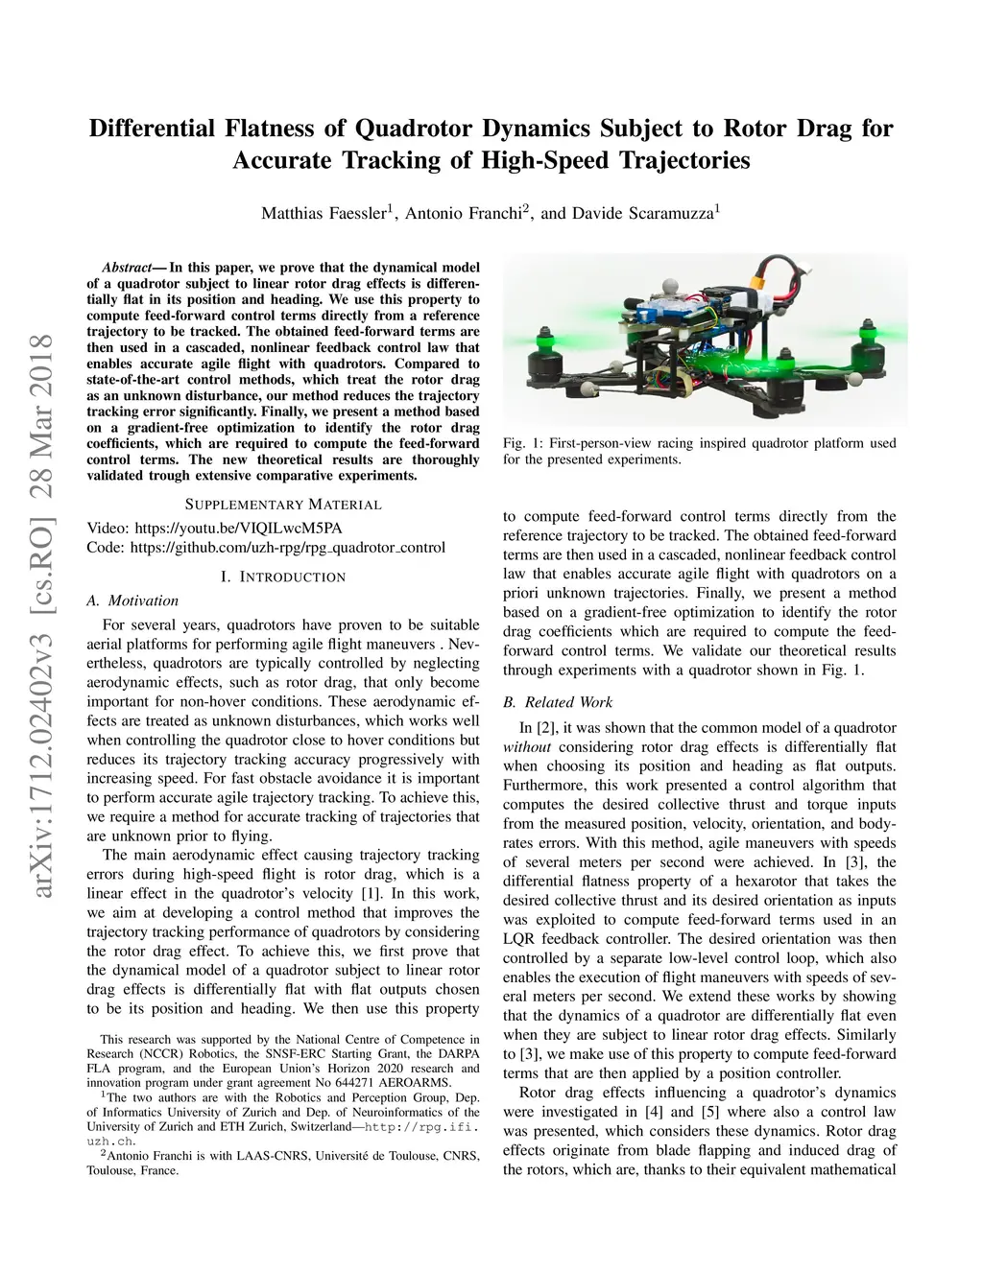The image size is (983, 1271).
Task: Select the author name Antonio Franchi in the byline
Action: click(462, 213)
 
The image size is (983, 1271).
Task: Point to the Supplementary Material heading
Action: click(282, 505)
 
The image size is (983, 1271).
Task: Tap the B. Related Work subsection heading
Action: click(558, 702)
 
